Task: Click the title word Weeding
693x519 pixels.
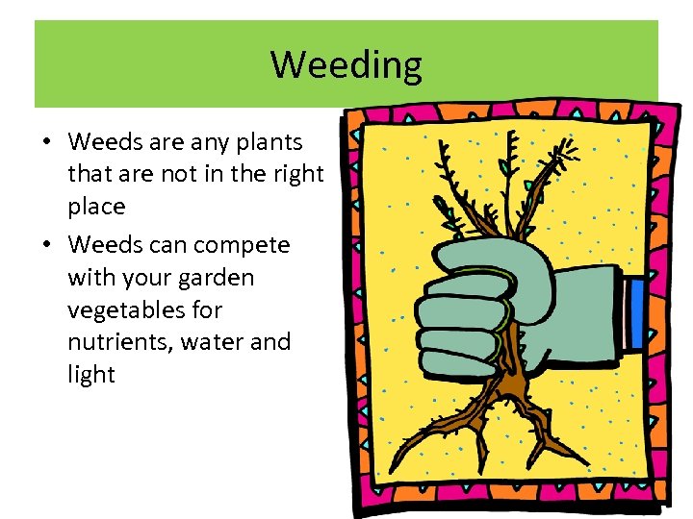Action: coord(346,65)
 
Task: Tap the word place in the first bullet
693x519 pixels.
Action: coord(96,207)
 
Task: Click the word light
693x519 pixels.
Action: coord(91,375)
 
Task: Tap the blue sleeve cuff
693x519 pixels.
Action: coord(634,313)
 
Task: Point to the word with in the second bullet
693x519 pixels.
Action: coord(90,278)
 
